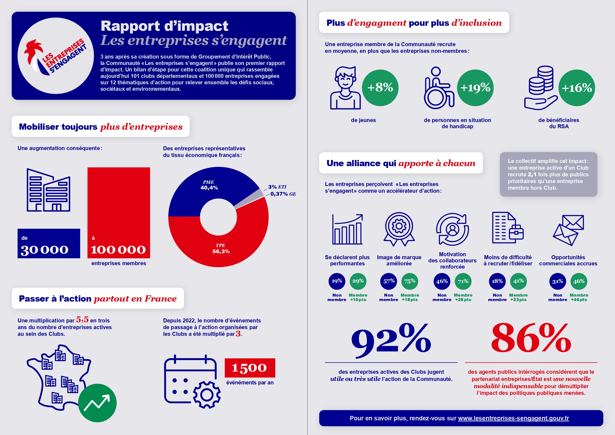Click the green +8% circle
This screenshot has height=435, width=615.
point(380,88)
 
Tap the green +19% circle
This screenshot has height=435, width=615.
point(475,88)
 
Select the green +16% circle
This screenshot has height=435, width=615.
point(576,88)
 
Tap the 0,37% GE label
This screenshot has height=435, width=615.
point(283,194)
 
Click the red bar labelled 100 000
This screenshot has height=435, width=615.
point(119,213)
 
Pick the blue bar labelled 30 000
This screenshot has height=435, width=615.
point(49,243)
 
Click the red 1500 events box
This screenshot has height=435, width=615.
point(250,368)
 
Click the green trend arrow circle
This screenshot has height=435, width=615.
point(97,403)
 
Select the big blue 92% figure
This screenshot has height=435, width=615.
point(391,341)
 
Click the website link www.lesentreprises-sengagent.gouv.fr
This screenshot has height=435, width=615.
point(513,418)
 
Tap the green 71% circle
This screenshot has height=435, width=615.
point(463,281)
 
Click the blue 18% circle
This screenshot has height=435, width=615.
point(497,281)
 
